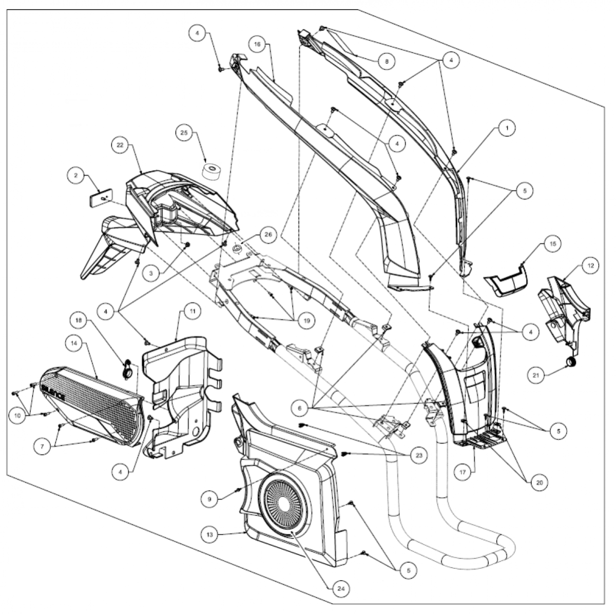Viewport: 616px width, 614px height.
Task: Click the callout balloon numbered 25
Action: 184,132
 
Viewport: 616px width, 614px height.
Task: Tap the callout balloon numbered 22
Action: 120,145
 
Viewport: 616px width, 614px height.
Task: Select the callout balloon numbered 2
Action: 76,175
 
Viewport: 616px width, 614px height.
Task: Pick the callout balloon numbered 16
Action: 257,45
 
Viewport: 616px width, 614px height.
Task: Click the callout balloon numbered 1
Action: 507,128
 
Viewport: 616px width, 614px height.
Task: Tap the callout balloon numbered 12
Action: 590,265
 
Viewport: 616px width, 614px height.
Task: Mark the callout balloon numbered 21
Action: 536,375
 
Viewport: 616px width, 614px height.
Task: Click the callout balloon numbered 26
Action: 268,235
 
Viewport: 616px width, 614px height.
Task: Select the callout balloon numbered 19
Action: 306,321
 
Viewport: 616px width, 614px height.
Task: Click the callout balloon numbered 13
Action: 210,534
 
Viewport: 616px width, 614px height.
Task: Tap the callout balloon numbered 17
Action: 463,472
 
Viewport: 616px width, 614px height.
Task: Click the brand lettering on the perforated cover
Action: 53,393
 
